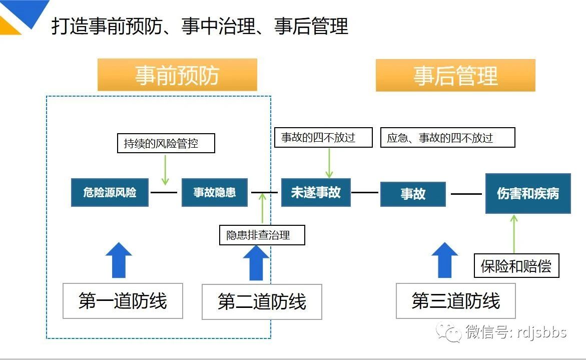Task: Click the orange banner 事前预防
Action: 177,75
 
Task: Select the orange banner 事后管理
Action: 455,75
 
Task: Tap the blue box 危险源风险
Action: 110,193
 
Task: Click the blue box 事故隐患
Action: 215,193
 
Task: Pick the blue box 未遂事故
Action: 316,193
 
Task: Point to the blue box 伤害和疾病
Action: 527,194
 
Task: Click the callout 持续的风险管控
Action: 166,143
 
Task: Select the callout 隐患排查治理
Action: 262,235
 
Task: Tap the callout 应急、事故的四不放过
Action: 448,138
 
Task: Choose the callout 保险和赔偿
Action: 516,266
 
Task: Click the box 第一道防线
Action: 123,301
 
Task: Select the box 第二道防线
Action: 262,302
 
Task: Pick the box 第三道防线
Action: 455,301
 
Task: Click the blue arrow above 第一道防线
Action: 119,260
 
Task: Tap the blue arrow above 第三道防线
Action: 445,260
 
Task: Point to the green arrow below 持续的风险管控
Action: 165,170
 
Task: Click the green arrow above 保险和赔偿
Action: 514,234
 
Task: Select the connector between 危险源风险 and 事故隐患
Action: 164,193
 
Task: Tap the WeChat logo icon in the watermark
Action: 449,332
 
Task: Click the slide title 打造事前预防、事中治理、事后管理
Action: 200,26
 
